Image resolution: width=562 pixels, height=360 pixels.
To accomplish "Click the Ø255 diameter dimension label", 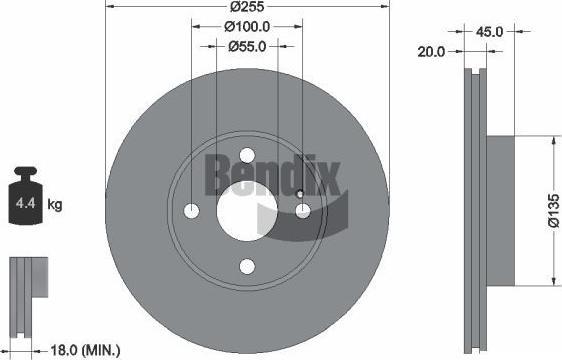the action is [247, 6].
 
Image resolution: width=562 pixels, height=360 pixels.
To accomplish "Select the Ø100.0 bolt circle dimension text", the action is [247, 27].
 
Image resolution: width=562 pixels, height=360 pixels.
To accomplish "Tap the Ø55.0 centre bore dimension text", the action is [247, 47].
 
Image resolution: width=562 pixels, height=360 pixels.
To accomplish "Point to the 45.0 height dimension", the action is [489, 32].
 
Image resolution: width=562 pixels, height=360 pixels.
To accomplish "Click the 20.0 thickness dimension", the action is [431, 52].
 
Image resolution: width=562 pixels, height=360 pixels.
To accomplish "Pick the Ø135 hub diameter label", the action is [553, 211].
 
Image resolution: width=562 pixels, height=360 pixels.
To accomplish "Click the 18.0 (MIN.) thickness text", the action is [85, 350].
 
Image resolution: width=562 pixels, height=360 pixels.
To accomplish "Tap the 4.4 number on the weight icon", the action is [25, 204].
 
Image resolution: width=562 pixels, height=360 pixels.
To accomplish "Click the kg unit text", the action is [55, 205].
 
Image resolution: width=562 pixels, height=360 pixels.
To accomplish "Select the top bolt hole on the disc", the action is [247, 156].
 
